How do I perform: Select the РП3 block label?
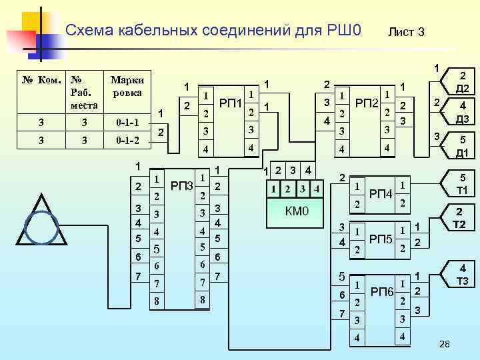[x=181, y=185]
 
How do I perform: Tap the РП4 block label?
[x=381, y=193]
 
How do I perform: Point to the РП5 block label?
[x=381, y=239]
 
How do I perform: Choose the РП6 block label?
[x=382, y=291]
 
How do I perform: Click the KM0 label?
[x=297, y=212]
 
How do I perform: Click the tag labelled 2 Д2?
[x=462, y=83]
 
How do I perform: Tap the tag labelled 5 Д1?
[x=462, y=147]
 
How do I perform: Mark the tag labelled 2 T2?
[x=460, y=218]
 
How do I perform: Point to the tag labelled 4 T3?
[x=461, y=275]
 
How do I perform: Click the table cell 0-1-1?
[x=127, y=122]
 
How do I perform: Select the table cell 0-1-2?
[x=127, y=141]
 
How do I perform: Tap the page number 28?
[x=445, y=343]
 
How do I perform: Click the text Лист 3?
[x=406, y=32]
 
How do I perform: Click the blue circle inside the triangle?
[x=46, y=227]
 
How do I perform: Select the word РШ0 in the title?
[x=345, y=30]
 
